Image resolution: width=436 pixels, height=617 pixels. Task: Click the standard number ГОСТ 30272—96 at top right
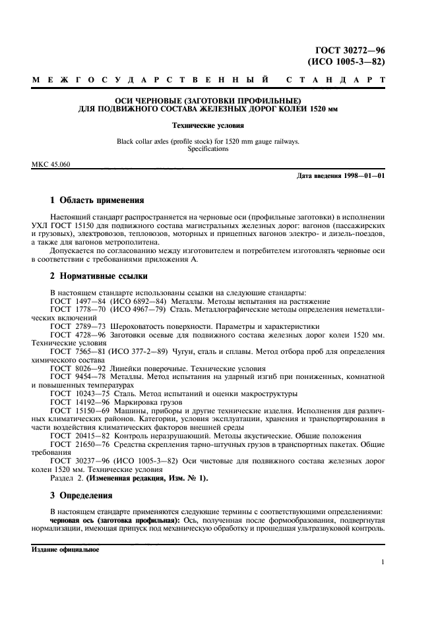click(347, 50)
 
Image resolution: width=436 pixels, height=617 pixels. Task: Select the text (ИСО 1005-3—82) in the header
click(347, 62)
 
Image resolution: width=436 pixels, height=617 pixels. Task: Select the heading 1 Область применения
click(98, 200)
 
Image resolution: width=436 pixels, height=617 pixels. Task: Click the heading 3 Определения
click(81, 495)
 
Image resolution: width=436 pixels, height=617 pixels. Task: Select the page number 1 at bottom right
click(383, 562)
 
